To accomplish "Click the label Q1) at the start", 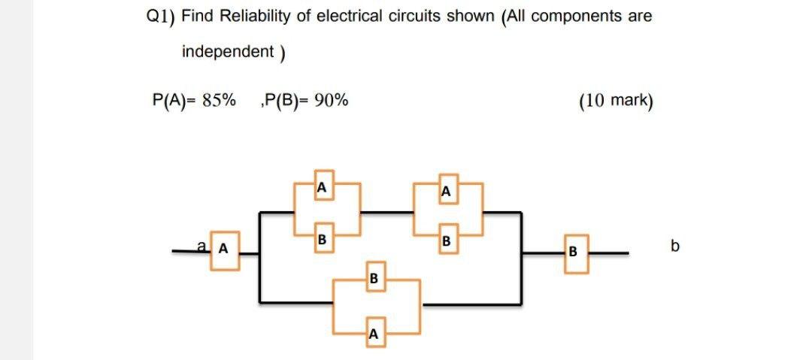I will coord(158,17).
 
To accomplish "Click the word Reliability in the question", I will coord(255,16).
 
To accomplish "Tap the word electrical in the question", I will coord(347,16).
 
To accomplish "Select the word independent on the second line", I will coord(228,52).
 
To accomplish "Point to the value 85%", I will coord(218,101).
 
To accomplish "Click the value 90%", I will coord(331,101).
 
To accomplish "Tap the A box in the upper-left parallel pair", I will coord(321,185).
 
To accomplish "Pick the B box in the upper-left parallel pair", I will coord(321,241).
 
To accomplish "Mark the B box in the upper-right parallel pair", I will coord(446,241).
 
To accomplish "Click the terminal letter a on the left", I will coord(201,244).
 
